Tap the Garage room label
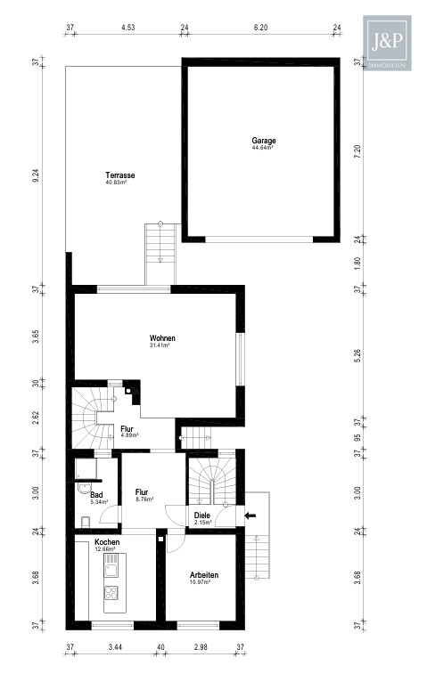tap(263, 141)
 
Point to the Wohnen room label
tap(162, 338)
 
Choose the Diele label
tap(202, 514)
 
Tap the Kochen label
tap(106, 541)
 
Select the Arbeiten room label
tap(204, 576)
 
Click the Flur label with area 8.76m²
tap(142, 491)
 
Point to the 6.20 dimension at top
tap(260, 28)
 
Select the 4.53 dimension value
tap(127, 28)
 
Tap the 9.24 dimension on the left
tap(35, 176)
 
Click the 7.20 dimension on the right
tap(356, 152)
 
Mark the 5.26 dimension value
tap(356, 353)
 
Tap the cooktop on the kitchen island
tap(112, 593)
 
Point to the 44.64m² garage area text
tap(263, 148)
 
